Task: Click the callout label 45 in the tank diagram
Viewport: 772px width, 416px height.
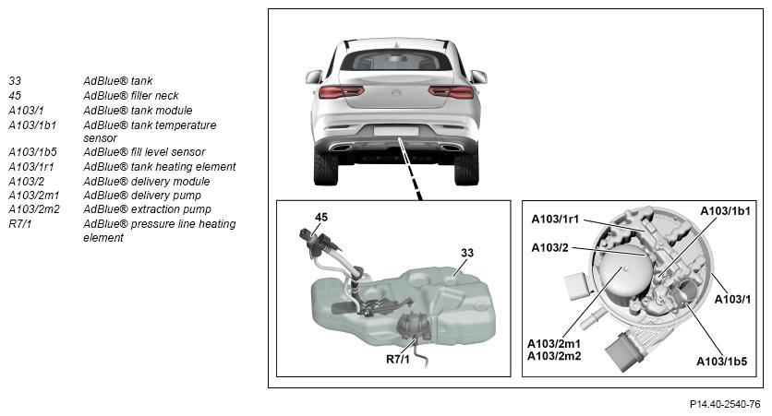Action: pyautogui.click(x=321, y=217)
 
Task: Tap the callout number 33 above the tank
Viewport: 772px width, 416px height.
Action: pyautogui.click(x=467, y=253)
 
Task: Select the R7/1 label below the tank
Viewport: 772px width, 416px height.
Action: pyautogui.click(x=398, y=360)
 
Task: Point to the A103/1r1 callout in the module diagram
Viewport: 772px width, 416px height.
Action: pyautogui.click(x=555, y=220)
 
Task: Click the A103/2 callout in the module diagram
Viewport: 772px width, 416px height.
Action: pyautogui.click(x=549, y=248)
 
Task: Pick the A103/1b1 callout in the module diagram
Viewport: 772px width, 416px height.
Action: pyautogui.click(x=725, y=211)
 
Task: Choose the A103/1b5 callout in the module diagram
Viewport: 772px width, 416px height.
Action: pyautogui.click(x=721, y=362)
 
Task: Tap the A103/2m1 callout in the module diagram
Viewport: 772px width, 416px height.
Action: pyautogui.click(x=554, y=344)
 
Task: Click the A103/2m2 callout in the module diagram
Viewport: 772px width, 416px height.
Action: pyautogui.click(x=554, y=356)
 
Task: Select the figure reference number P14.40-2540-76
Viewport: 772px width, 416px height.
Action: pyautogui.click(x=725, y=404)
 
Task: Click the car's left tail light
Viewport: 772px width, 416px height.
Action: pyautogui.click(x=341, y=91)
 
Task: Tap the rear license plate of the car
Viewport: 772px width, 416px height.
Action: pyautogui.click(x=396, y=131)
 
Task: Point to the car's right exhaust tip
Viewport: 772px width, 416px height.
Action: pyautogui.click(x=451, y=148)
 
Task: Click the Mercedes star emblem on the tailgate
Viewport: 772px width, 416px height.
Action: pyautogui.click(x=396, y=92)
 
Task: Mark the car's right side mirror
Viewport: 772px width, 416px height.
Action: pyautogui.click(x=478, y=77)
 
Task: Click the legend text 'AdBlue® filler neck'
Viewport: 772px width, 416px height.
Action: pyautogui.click(x=130, y=95)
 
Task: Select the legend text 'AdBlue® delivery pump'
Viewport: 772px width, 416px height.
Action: pyautogui.click(x=142, y=196)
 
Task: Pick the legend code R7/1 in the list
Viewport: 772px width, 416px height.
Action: pyautogui.click(x=19, y=224)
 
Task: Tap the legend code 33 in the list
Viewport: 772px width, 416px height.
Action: pyautogui.click(x=15, y=80)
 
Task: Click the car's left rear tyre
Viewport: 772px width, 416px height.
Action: pyautogui.click(x=325, y=169)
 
